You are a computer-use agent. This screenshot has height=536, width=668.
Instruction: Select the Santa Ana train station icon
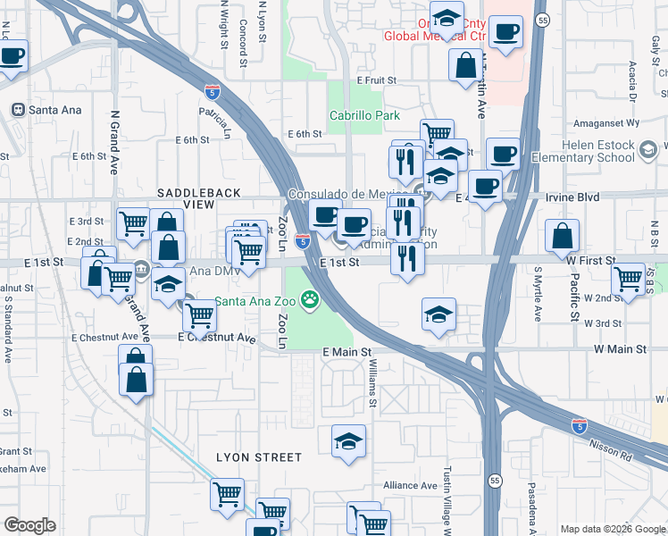tap(16, 110)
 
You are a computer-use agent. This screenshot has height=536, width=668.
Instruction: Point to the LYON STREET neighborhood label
tap(259, 457)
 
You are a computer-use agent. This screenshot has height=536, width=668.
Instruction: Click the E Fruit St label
tap(376, 80)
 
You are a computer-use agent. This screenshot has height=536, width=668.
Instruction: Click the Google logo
tap(29, 525)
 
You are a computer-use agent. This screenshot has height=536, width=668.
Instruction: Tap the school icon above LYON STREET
tap(348, 440)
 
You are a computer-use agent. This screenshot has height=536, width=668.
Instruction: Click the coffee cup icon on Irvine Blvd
tap(485, 187)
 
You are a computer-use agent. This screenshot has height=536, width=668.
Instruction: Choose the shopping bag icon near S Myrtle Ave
tap(563, 237)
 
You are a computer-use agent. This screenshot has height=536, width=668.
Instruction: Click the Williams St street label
tap(373, 385)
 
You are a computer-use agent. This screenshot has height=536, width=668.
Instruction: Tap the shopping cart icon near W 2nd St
tap(629, 278)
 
